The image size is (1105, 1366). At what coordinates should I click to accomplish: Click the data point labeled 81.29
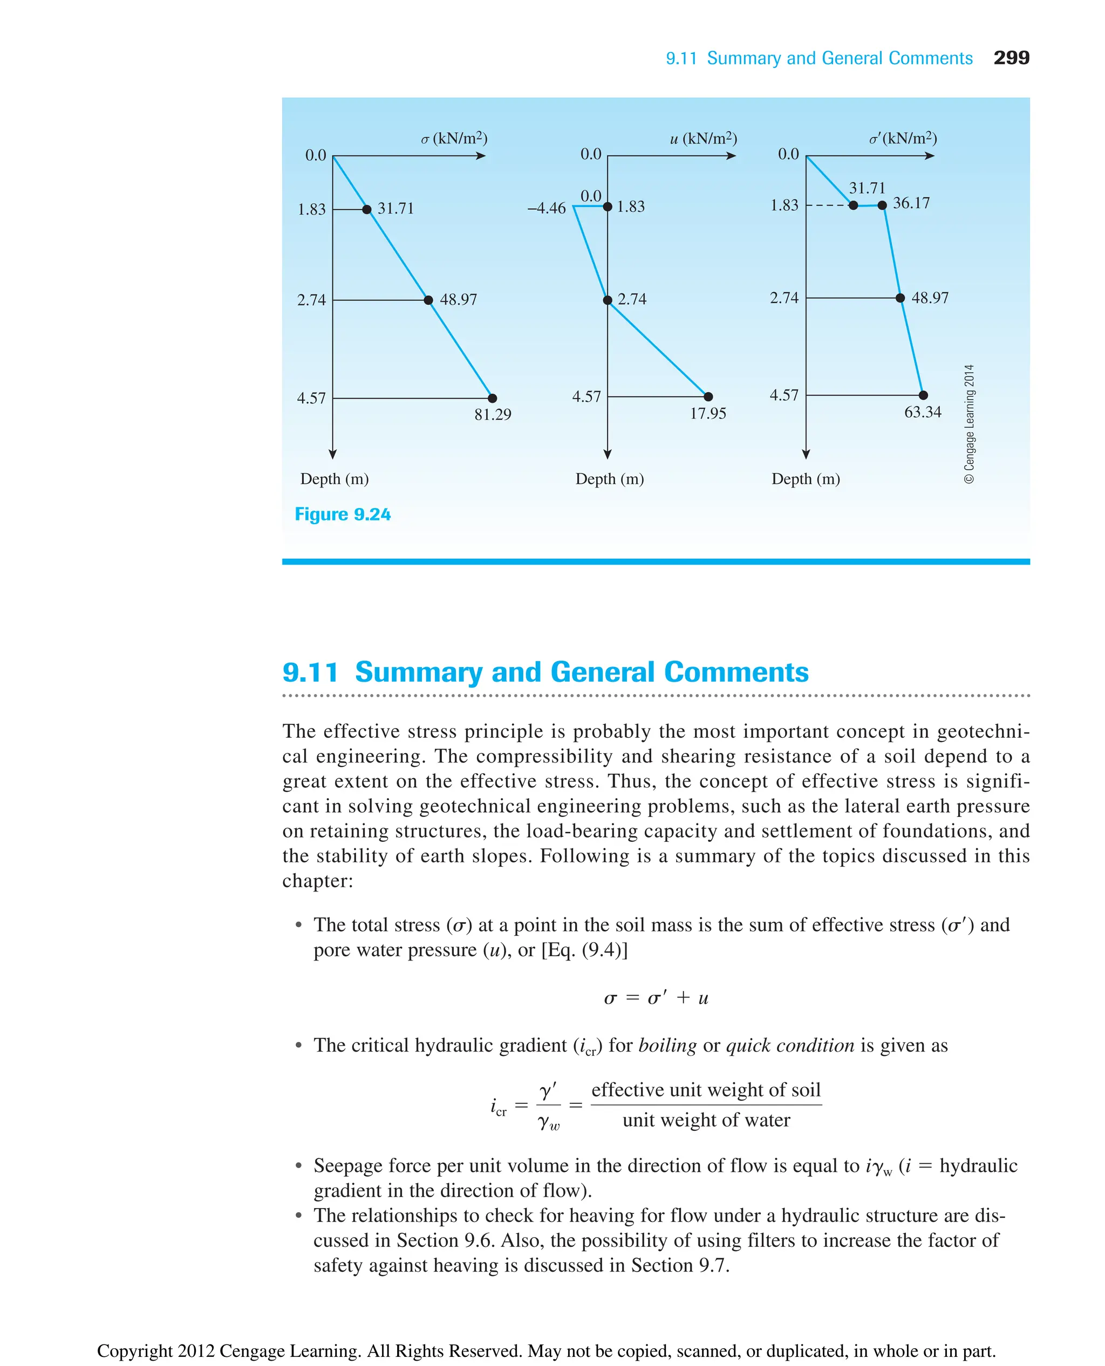click(492, 399)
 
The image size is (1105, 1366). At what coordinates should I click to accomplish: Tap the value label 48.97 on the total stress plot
click(458, 300)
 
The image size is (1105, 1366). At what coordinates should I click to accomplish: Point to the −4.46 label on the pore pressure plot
click(546, 208)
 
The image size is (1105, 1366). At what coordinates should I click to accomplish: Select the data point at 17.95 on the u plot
click(708, 396)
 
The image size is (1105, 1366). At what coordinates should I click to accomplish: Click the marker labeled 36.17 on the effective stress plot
click(882, 205)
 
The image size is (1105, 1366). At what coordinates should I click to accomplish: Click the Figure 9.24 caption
click(343, 514)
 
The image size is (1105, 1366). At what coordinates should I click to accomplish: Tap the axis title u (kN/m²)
click(702, 138)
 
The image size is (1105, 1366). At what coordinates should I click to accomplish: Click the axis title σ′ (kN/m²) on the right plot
click(903, 138)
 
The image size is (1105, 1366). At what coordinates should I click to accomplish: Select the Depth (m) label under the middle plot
click(609, 479)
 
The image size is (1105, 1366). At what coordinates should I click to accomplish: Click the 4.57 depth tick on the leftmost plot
click(311, 399)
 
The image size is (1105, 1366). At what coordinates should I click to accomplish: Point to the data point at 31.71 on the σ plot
click(367, 209)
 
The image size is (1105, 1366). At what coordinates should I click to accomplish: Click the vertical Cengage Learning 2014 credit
click(969, 424)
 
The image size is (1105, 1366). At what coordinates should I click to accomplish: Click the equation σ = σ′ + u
click(656, 998)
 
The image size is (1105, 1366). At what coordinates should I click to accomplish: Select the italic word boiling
click(667, 1045)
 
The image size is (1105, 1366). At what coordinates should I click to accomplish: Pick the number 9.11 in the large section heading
click(310, 672)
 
